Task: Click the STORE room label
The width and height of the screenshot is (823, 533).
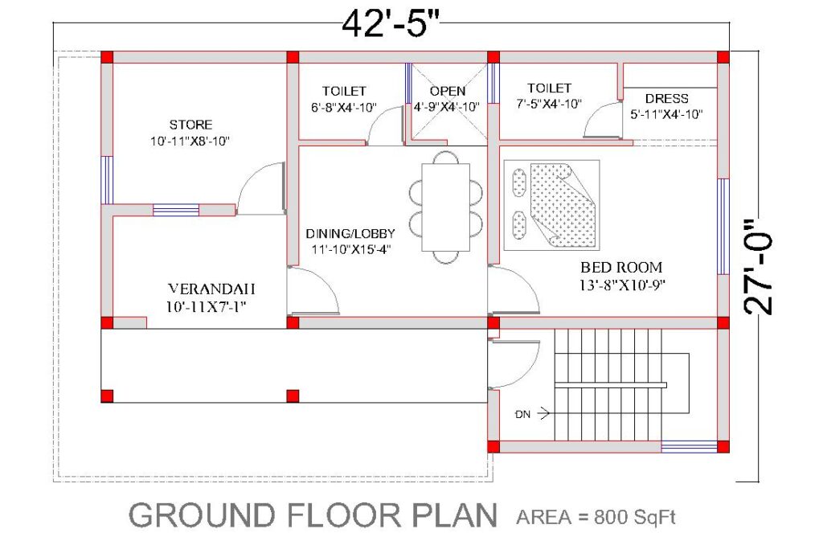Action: [190, 125]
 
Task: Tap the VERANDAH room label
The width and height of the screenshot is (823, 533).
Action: [211, 289]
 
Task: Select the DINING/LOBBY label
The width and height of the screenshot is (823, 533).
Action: [350, 234]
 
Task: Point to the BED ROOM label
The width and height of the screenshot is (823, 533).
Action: [621, 267]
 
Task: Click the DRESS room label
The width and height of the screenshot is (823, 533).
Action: [666, 99]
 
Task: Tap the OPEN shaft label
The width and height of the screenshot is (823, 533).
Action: [447, 92]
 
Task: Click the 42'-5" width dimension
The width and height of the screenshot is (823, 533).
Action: [390, 23]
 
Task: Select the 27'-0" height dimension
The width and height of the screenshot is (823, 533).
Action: [759, 267]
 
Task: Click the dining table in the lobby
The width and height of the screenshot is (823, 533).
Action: [445, 207]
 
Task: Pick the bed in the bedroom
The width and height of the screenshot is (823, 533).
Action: [551, 205]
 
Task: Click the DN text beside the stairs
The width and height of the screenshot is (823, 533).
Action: [522, 414]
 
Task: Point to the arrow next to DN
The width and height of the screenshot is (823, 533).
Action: [543, 414]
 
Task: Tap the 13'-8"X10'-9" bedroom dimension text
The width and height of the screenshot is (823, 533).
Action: [623, 285]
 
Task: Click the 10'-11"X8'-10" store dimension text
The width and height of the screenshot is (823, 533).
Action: [190, 141]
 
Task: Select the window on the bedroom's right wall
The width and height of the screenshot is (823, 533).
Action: [723, 227]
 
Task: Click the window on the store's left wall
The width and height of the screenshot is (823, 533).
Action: [107, 180]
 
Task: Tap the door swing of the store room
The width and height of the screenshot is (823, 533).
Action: [261, 188]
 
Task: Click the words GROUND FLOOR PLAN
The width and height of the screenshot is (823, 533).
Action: [313, 515]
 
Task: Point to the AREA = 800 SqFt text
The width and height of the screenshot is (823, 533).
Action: [596, 517]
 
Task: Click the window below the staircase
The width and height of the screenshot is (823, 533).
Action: [689, 447]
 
